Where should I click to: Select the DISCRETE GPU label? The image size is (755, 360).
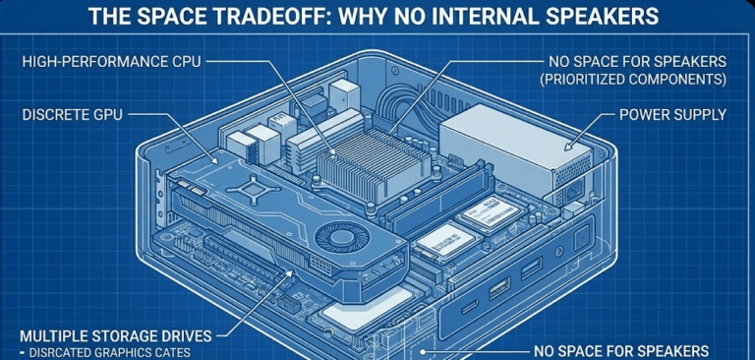pyautogui.click(x=72, y=116)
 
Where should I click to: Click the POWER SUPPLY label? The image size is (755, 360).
pyautogui.click(x=672, y=115)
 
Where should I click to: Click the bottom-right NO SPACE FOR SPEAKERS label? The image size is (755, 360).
pyautogui.click(x=620, y=350)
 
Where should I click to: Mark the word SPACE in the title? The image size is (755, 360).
pyautogui.click(x=163, y=18)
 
